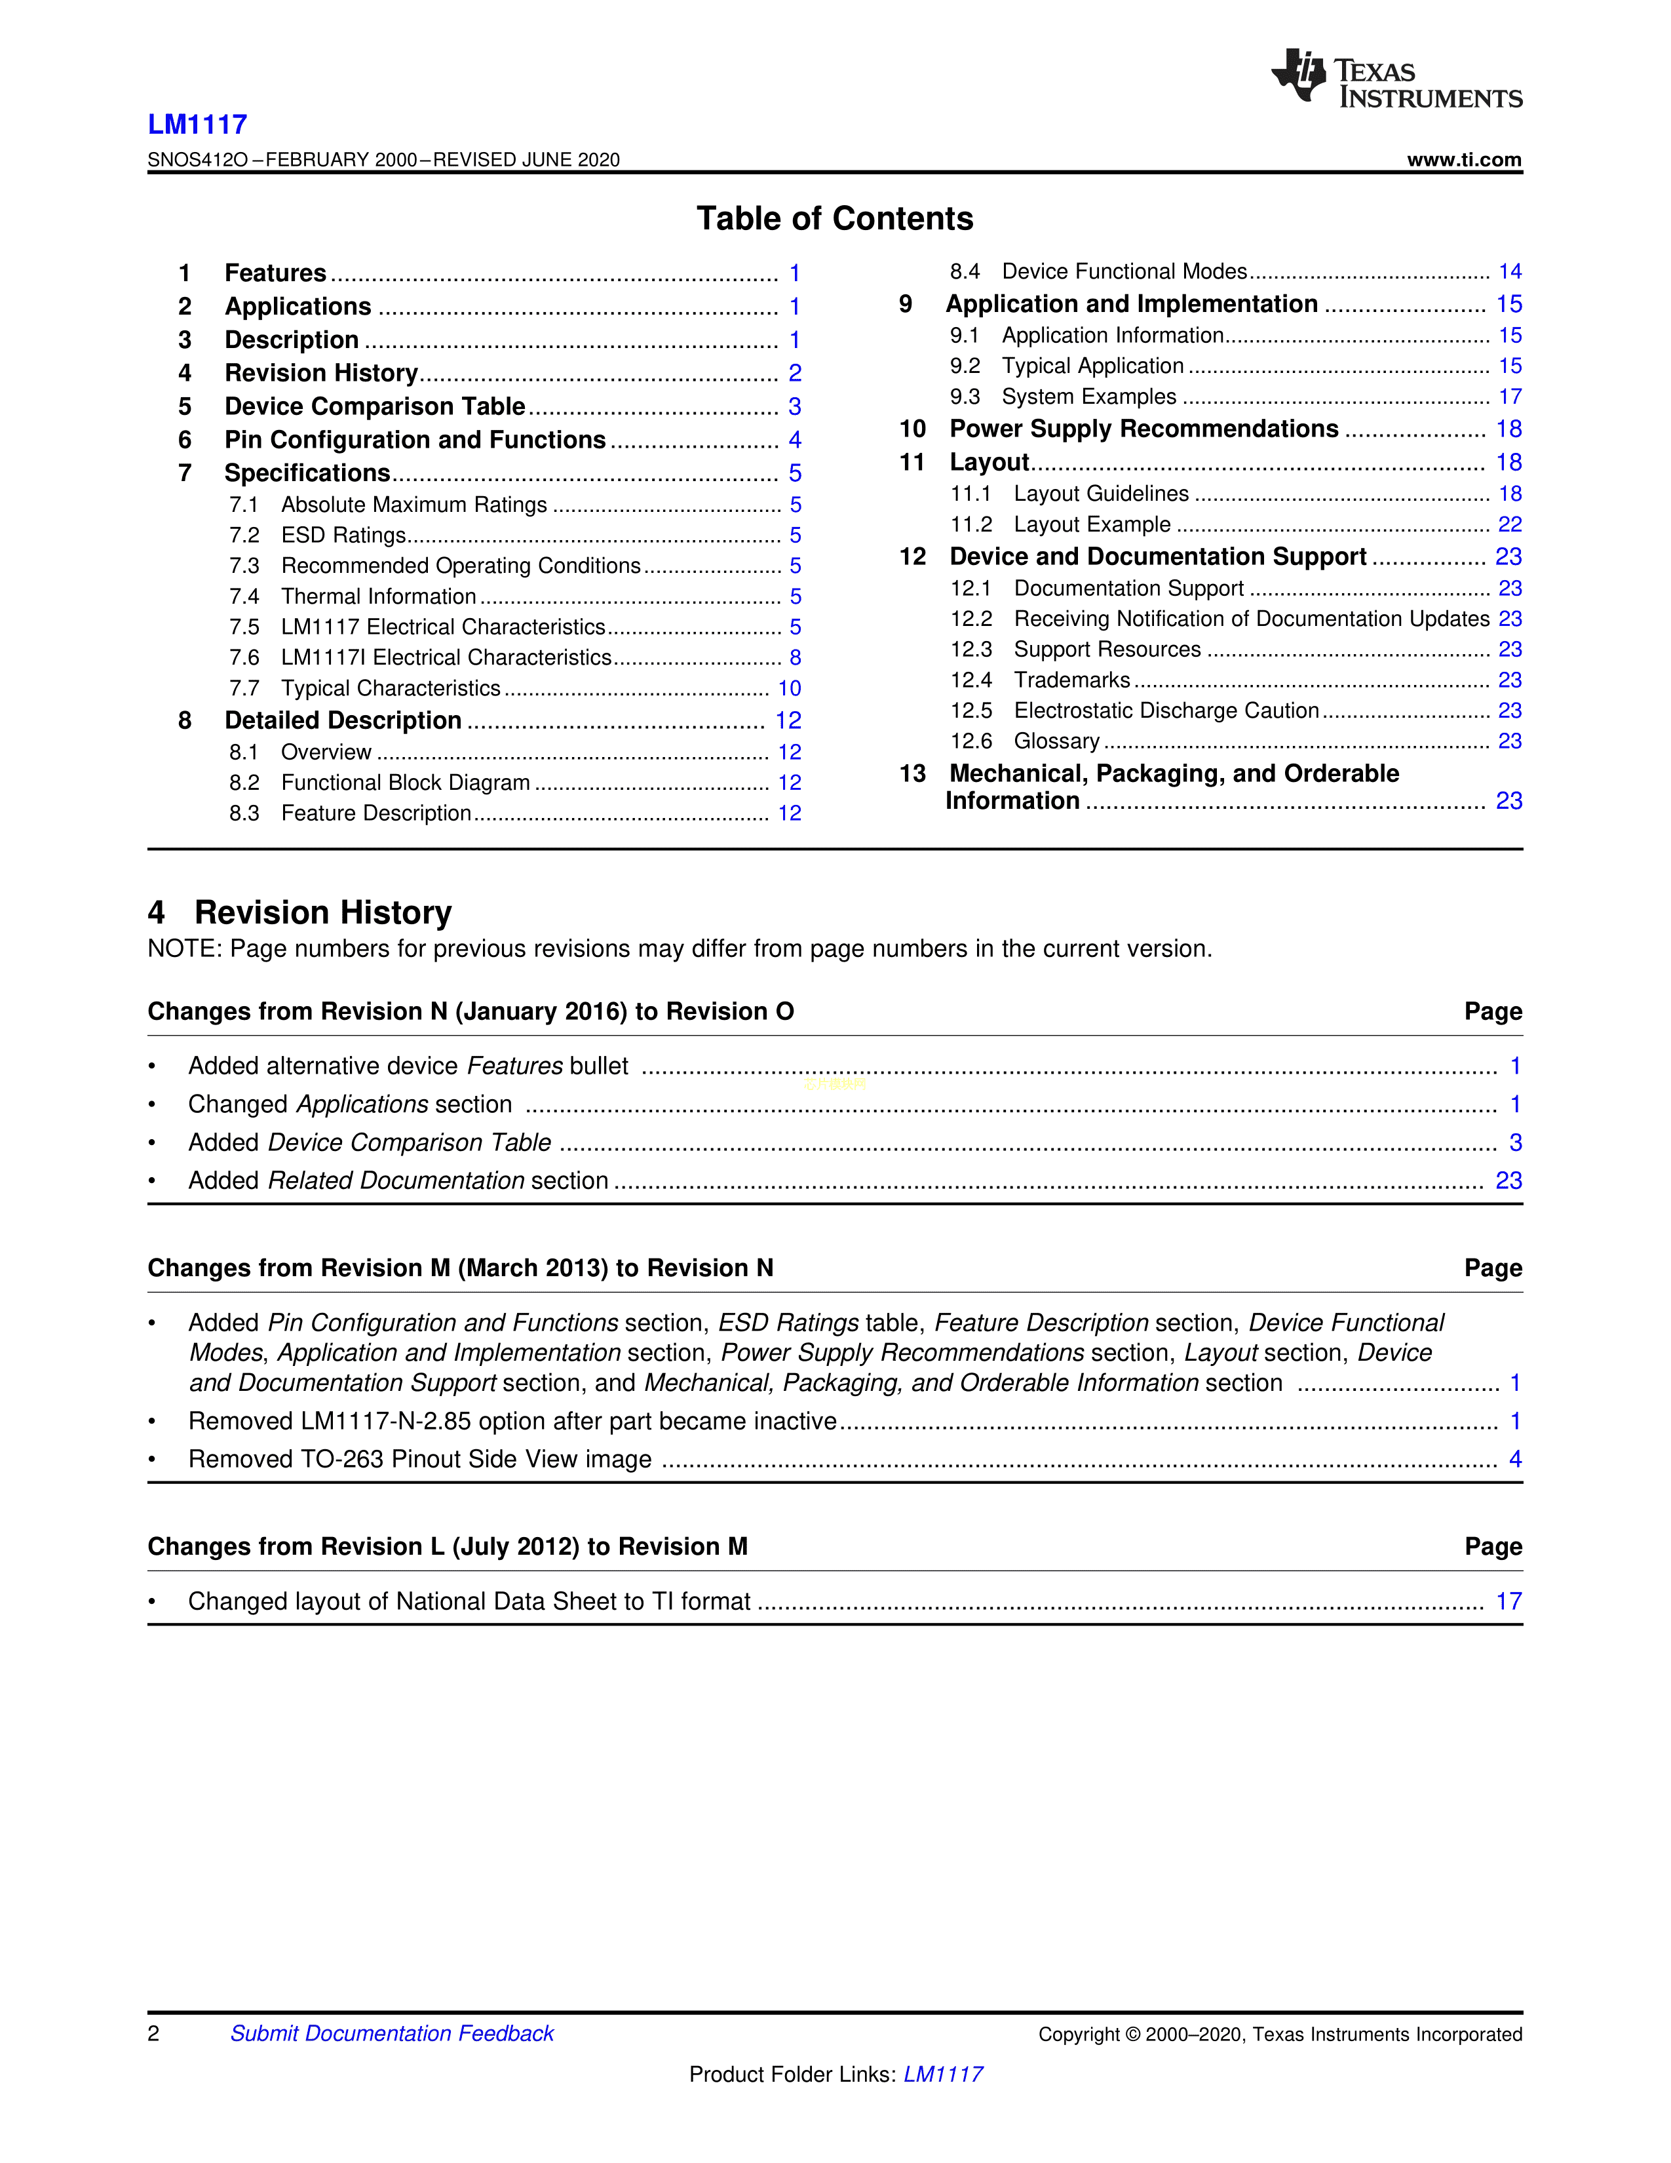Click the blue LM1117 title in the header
197,125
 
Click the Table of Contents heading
834,219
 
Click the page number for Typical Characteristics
789,688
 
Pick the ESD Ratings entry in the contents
343,536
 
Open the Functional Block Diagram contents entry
405,783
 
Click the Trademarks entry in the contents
1071,680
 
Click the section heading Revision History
322,912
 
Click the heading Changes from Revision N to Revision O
471,1012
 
